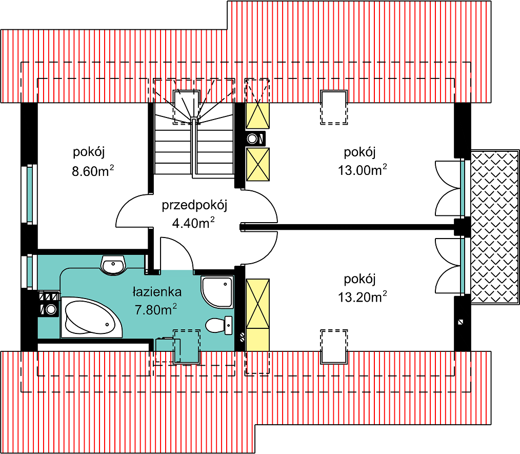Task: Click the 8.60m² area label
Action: coord(93,171)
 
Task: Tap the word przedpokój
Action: coord(194,206)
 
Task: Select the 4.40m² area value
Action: coord(193,223)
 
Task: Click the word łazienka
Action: coord(157,292)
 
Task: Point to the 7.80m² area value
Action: coord(155,309)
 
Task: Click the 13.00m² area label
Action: coord(363,170)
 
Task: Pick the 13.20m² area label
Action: coord(363,297)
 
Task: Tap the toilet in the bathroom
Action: coord(219,325)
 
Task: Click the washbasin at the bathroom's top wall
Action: coord(113,265)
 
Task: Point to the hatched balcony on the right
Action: coord(495,227)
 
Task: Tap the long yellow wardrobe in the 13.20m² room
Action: coord(257,314)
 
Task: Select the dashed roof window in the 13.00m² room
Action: coord(334,107)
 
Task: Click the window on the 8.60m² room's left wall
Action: coord(29,194)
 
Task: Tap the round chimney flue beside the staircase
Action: coord(252,139)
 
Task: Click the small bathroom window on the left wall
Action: coord(29,272)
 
